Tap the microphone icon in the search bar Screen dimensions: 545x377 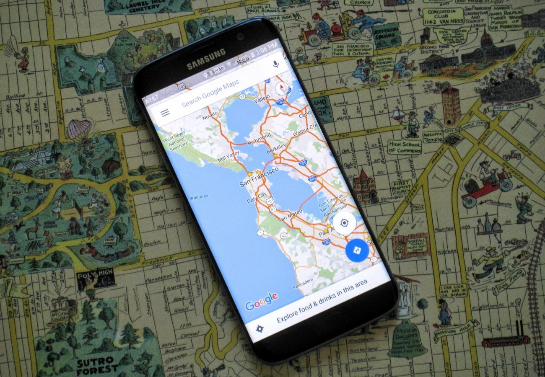pos(275,64)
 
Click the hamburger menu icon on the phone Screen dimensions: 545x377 pos(165,113)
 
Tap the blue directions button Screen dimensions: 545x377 pos(357,250)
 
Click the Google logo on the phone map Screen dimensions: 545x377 pos(261,301)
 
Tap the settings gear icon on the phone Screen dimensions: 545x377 pos(260,329)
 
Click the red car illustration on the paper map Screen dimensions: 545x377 pos(486,184)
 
